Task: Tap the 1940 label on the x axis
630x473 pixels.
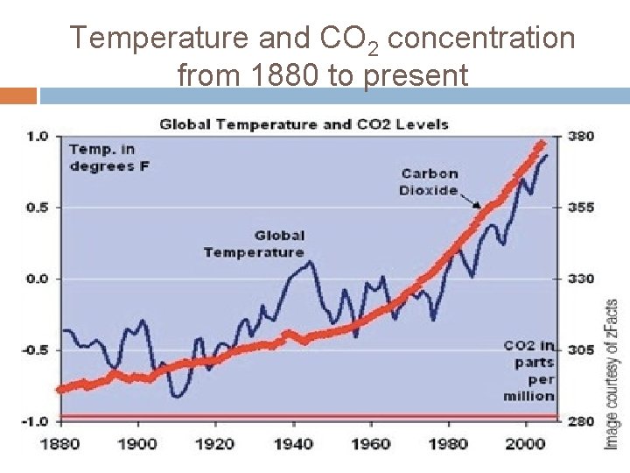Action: tap(293, 443)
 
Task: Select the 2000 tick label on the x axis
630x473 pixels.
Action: tap(526, 443)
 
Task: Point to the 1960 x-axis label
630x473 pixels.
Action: tap(371, 443)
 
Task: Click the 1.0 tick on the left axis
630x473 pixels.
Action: tap(38, 136)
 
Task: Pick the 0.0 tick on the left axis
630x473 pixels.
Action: tap(38, 279)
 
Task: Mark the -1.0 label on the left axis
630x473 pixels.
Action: tap(35, 421)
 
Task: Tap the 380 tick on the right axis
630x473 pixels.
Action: tap(582, 136)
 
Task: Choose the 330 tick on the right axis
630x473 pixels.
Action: tap(582, 279)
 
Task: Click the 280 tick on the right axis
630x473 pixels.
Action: tap(582, 421)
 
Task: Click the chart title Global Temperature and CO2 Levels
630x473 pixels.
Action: tap(304, 124)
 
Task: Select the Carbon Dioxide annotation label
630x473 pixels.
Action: tap(430, 182)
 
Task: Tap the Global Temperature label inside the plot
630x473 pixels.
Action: tap(255, 244)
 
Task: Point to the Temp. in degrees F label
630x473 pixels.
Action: tap(102, 158)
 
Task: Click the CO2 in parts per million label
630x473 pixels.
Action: tap(528, 371)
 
